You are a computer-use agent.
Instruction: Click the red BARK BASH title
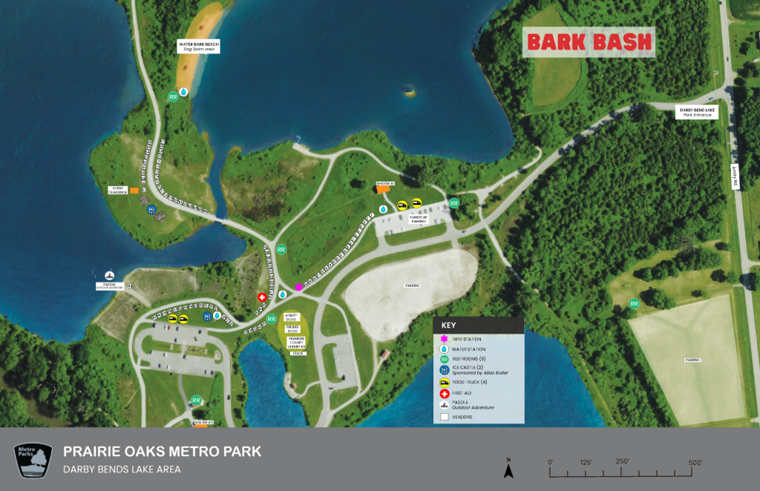589,42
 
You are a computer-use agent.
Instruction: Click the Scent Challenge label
117,190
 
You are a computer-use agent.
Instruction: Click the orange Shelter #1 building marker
383,189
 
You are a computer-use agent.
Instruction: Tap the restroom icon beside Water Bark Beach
173,96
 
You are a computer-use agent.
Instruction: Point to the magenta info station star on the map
299,286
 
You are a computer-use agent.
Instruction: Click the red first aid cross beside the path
262,297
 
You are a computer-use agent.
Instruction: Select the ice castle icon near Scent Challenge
151,211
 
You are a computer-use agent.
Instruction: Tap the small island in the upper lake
407,91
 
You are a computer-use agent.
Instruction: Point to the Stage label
298,353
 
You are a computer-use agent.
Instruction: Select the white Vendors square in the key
444,417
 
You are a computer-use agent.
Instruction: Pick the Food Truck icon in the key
444,382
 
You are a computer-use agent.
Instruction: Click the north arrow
508,469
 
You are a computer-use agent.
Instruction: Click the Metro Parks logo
34,459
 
